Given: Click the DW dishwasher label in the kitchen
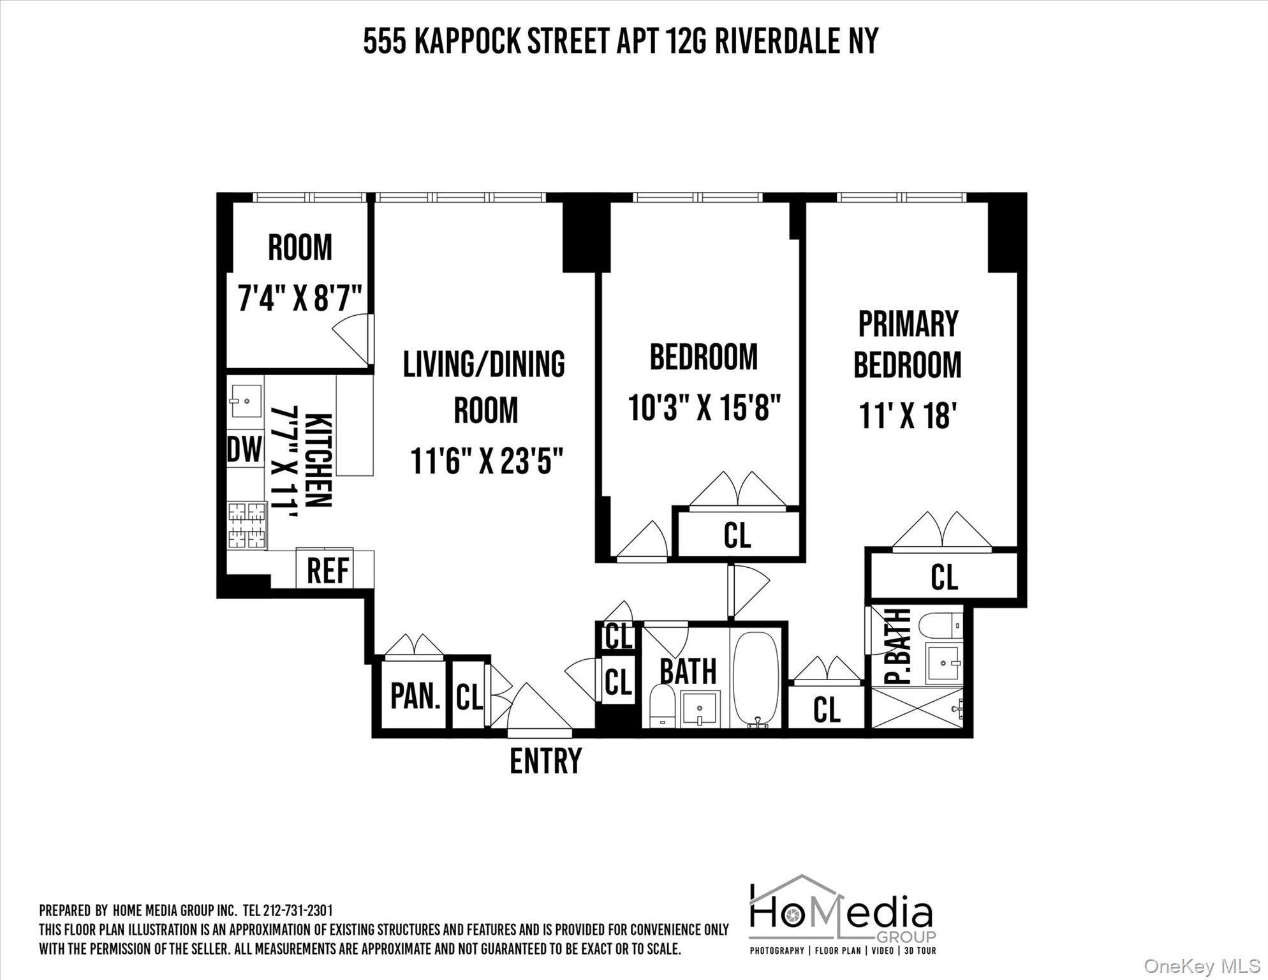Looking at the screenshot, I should pyautogui.click(x=245, y=449).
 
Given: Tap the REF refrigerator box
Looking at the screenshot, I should pyautogui.click(x=328, y=570).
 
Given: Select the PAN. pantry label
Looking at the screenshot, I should pyautogui.click(x=415, y=695).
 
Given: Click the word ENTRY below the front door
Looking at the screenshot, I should pyautogui.click(x=545, y=761).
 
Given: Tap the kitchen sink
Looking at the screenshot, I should pyautogui.click(x=246, y=401).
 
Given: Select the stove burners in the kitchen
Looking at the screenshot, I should pyautogui.click(x=247, y=525).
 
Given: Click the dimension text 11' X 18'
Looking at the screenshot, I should pyautogui.click(x=907, y=416).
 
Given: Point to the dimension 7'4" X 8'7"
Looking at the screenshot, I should pyautogui.click(x=300, y=297).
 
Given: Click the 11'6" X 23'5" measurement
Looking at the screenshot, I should pyautogui.click(x=487, y=461).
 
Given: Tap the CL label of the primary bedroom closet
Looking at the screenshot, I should pyautogui.click(x=944, y=577).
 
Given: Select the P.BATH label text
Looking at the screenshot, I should pyautogui.click(x=899, y=646).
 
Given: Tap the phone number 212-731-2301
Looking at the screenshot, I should pyautogui.click(x=297, y=910).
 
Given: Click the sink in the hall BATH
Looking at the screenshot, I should pyautogui.click(x=700, y=709).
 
